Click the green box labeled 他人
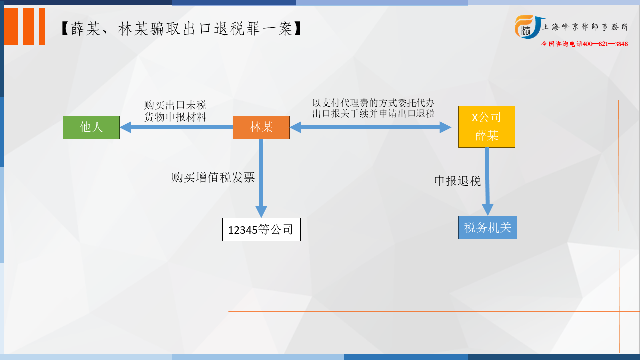coord(91,127)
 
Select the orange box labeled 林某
coord(261,127)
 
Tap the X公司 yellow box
coord(487,117)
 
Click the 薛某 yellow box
coord(487,138)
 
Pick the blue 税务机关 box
coord(487,227)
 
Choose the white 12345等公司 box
coord(261,229)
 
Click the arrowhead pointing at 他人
coord(125,127)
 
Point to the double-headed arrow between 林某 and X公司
coord(371,127)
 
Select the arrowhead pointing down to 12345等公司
coord(261,212)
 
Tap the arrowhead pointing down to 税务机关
coord(487,210)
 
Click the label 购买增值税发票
coord(213,177)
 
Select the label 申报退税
coord(457,181)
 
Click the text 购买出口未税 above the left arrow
coord(175,105)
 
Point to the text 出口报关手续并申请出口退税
coord(373,113)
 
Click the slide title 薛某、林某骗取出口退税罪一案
coord(181,29)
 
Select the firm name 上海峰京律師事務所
coord(585,27)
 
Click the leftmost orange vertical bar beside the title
coord(11,26)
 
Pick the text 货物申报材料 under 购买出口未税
coord(175,117)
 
